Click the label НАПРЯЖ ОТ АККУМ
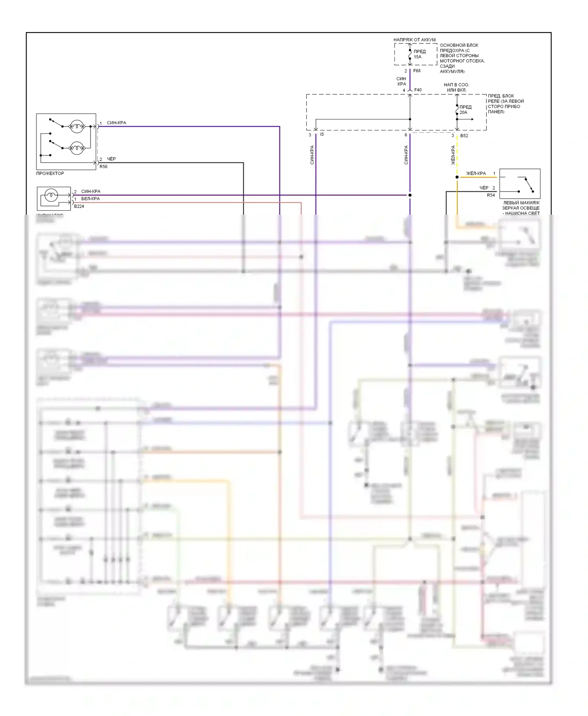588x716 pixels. pos(414,40)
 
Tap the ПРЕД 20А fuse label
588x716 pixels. pos(465,110)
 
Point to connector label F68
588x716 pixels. pos(417,71)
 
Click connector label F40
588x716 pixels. pos(418,90)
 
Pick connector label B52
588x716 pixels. pos(464,136)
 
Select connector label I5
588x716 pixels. pos(322,135)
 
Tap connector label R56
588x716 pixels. pos(103,167)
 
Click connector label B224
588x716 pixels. pos(79,206)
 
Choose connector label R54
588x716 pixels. pos(491,195)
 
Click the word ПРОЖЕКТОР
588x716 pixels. pos(50,174)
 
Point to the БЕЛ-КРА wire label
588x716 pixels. pos(91,199)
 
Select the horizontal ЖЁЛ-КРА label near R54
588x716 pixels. pos(476,174)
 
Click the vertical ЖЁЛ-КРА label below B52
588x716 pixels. pos(453,155)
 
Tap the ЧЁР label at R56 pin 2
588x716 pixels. pos(111,159)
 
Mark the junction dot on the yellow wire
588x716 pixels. pos(457,177)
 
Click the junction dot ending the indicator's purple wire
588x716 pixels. pos(410,195)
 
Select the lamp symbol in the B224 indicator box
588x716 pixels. pos(51,195)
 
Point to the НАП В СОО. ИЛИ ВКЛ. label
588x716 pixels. pos(456,87)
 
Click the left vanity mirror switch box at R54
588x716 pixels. pos(520,184)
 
